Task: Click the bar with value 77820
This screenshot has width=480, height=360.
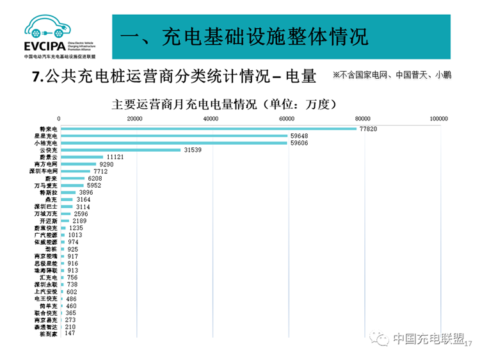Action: tap(208, 129)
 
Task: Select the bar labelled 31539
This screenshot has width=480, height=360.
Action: tap(120, 150)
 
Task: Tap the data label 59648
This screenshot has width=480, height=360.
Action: tap(299, 136)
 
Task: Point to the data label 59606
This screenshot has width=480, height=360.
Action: tap(299, 143)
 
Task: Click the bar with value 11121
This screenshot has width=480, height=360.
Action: tap(81, 157)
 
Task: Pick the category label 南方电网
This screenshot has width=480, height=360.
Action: tap(48, 165)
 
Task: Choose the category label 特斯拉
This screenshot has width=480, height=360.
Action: tap(48, 192)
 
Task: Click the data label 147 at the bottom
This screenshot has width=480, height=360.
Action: tap(70, 333)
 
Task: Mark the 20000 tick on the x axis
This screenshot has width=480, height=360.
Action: tap(134, 119)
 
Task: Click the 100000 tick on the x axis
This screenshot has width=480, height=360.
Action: tap(438, 119)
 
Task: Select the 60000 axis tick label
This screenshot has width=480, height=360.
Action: tap(287, 119)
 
